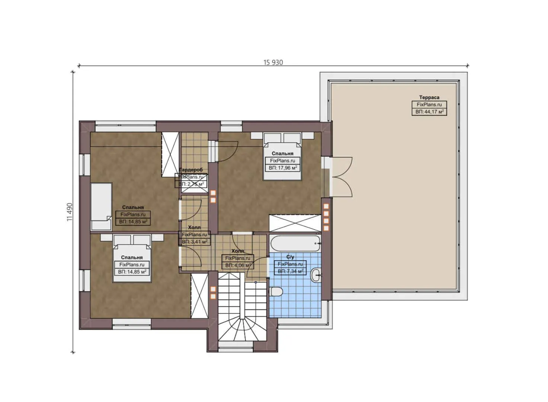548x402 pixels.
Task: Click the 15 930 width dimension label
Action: tap(273, 63)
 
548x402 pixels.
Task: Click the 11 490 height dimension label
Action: tap(70, 212)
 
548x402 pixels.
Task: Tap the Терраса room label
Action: tap(429, 98)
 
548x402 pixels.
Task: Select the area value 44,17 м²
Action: tap(429, 112)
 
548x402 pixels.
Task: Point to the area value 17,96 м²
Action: tap(282, 168)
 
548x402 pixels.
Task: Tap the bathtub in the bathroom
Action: tap(295, 243)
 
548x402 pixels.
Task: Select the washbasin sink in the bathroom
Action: tap(316, 276)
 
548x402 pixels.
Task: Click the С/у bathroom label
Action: tap(290, 257)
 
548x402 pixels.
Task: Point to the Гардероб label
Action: tap(191, 170)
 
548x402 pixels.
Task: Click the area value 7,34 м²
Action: tap(290, 271)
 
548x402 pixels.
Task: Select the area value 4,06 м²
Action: tap(238, 265)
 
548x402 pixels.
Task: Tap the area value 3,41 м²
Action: tap(194, 242)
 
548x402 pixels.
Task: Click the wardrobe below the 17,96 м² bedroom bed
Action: tap(295, 223)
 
